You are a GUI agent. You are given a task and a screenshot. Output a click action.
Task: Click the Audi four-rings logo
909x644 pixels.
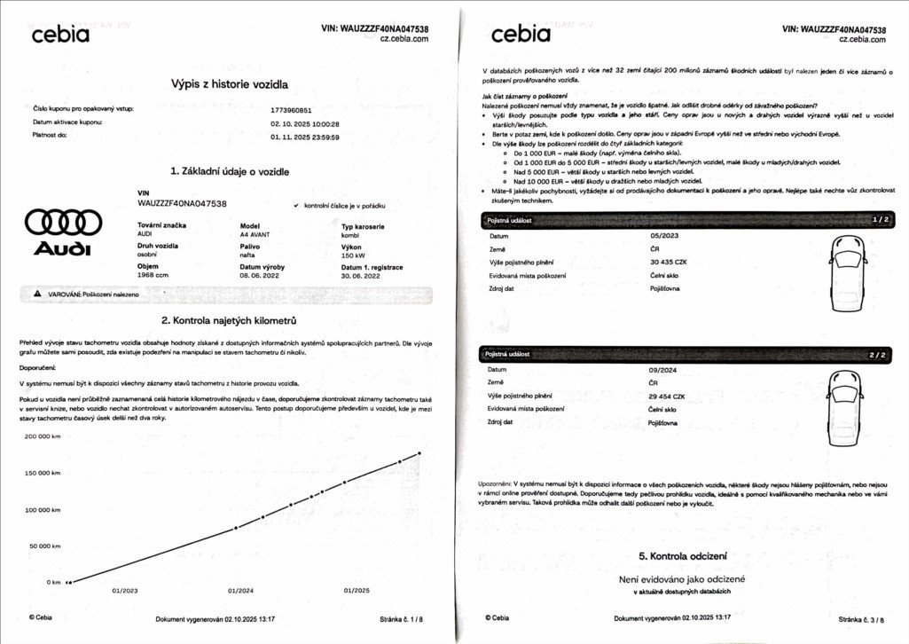pos(63,222)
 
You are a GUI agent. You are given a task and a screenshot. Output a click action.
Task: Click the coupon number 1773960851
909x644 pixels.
pos(292,110)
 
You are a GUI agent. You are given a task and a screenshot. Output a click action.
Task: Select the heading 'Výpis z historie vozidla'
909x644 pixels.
pos(229,84)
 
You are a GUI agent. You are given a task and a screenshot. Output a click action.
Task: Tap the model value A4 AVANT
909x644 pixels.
pos(255,235)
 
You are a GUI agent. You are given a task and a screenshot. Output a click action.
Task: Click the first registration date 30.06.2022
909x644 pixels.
pos(361,276)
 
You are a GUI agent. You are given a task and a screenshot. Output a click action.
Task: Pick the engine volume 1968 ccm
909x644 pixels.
pos(153,276)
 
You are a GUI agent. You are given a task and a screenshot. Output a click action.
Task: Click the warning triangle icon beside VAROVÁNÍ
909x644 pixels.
pos(37,294)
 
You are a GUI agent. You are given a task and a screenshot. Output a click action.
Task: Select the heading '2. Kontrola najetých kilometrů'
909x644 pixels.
pos(229,320)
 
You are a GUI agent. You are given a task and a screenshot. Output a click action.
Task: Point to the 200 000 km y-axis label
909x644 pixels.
pos(43,437)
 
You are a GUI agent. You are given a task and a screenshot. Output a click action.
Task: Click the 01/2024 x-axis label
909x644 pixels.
pos(240,590)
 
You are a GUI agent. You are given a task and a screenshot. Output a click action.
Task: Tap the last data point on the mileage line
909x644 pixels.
pos(419,453)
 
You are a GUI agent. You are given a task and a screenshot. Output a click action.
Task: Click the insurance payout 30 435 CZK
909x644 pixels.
pos(670,262)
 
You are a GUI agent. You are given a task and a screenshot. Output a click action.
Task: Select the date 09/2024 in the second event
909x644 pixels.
pos(664,369)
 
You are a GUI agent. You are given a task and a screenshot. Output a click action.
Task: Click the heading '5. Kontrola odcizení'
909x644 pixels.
pos(682,556)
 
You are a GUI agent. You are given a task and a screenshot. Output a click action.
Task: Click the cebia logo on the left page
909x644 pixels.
pos(60,35)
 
